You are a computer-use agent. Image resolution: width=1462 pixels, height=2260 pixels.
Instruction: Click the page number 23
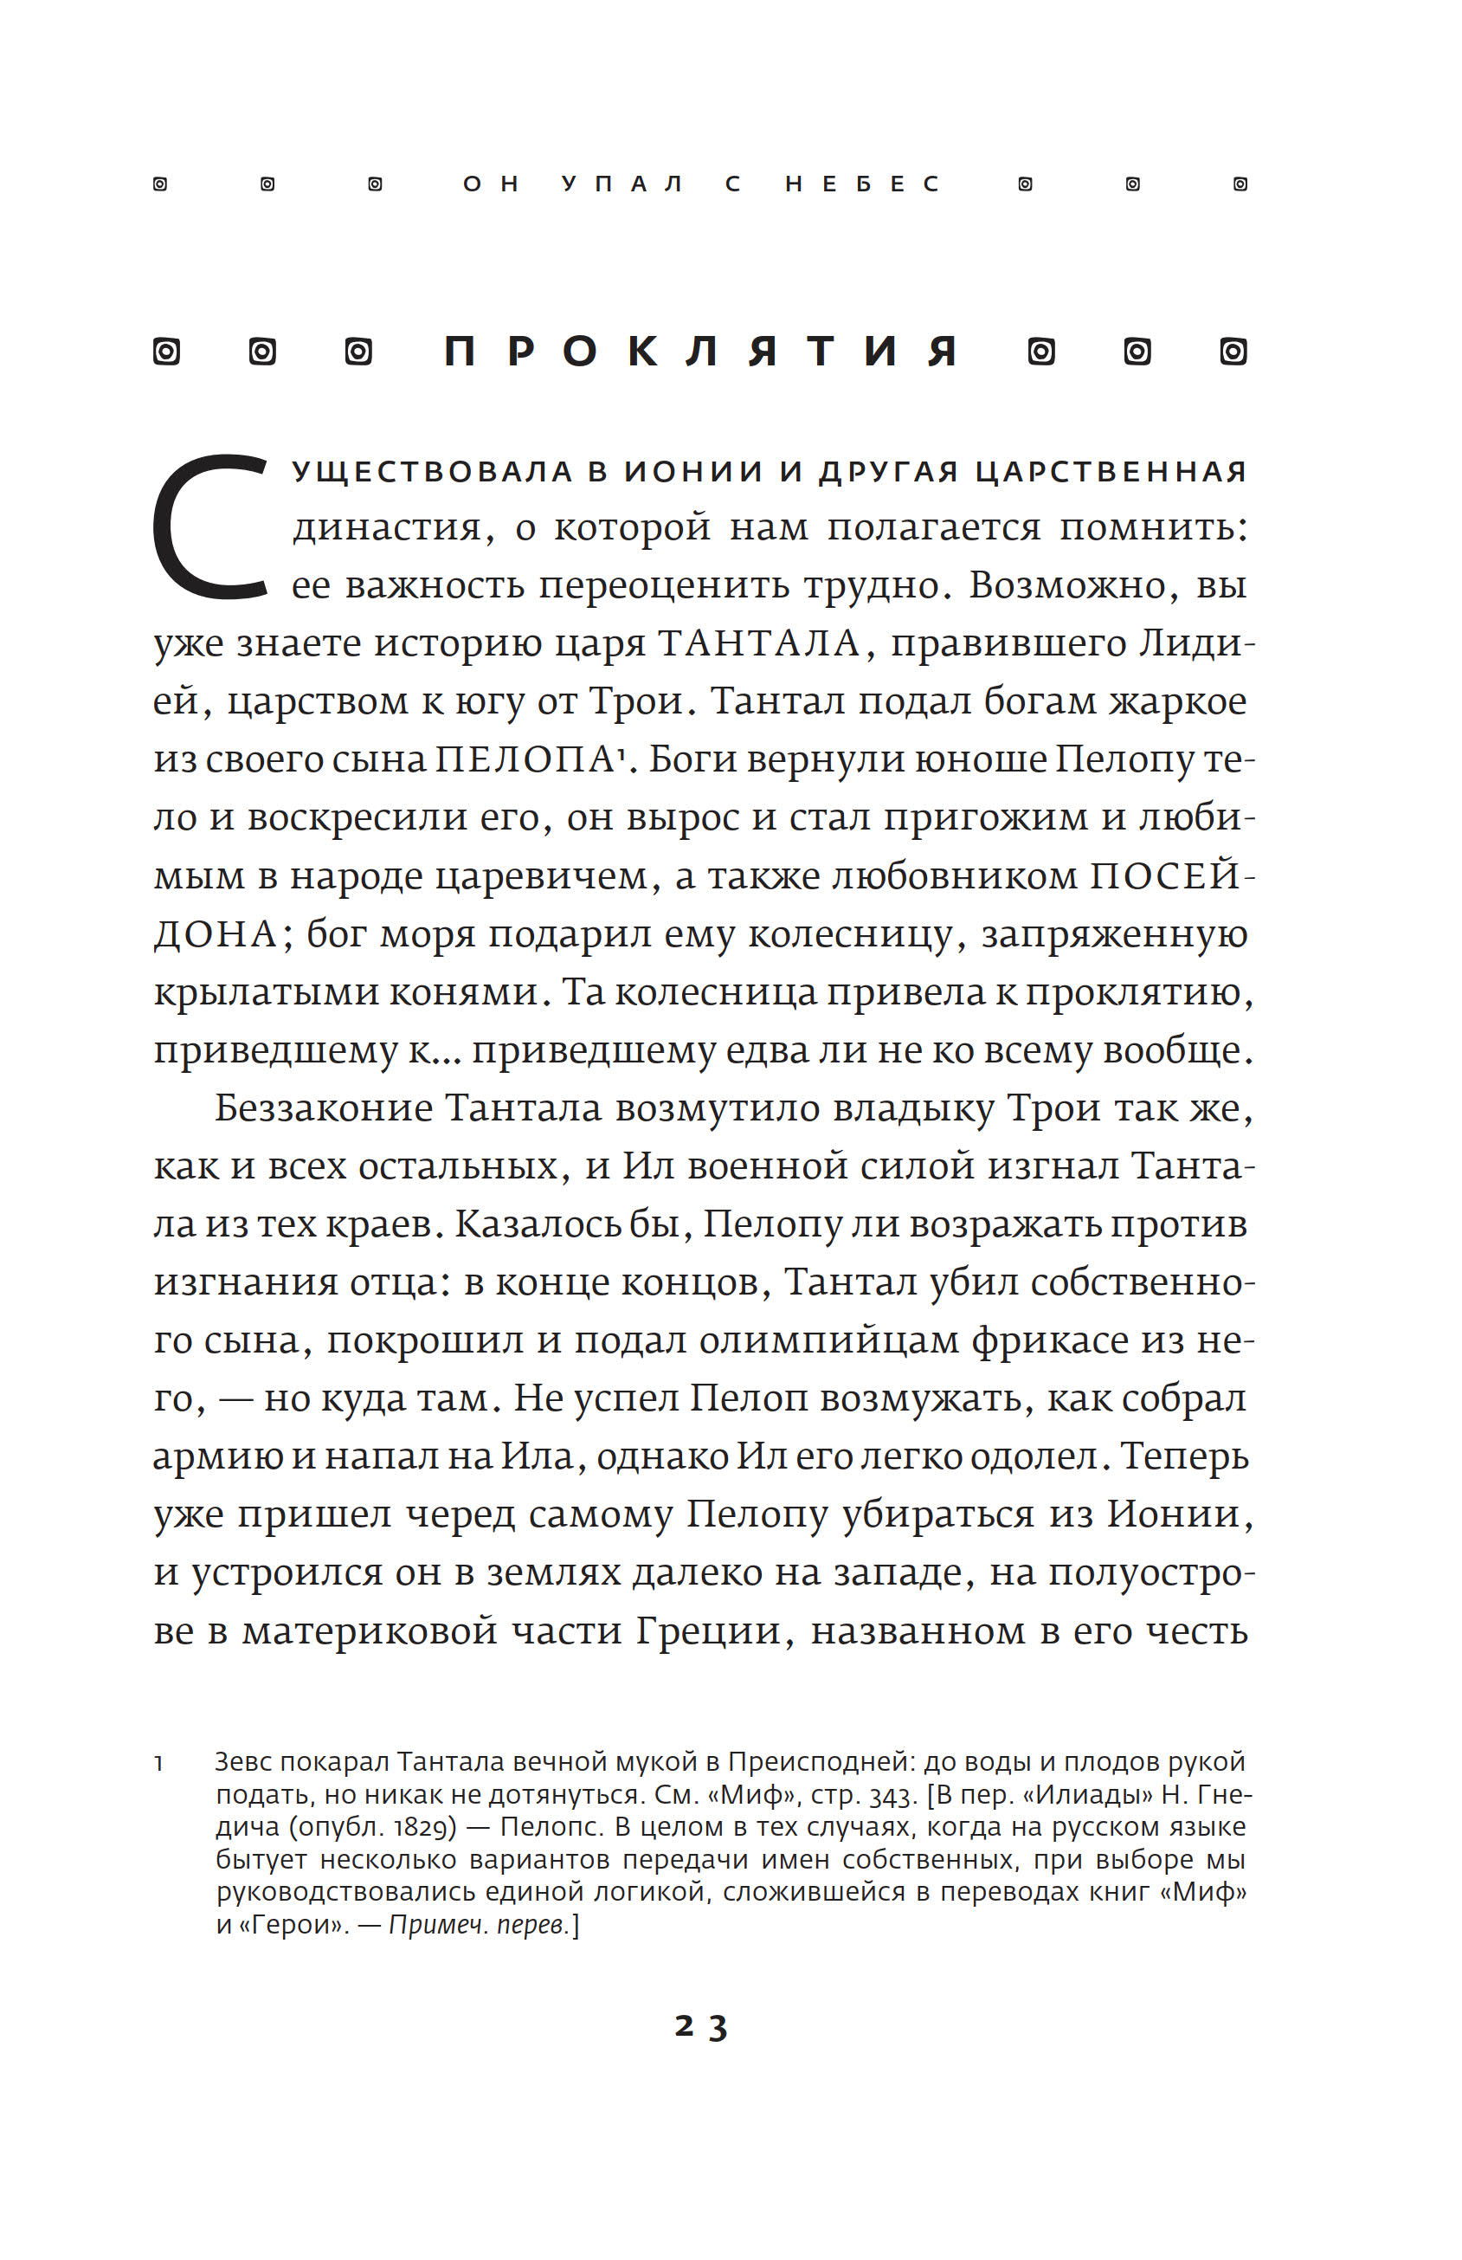[700, 2026]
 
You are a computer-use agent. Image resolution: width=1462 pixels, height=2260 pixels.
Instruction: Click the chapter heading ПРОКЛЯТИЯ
[700, 352]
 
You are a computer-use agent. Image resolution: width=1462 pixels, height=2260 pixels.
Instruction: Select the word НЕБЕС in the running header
[862, 184]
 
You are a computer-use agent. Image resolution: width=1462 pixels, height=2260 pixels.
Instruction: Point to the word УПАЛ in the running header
[622, 184]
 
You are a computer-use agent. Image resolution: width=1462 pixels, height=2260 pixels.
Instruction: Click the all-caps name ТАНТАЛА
[758, 644]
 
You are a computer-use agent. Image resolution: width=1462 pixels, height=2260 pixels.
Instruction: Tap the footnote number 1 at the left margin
[158, 1763]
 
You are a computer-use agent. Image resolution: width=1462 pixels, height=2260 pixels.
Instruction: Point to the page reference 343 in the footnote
[891, 1796]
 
